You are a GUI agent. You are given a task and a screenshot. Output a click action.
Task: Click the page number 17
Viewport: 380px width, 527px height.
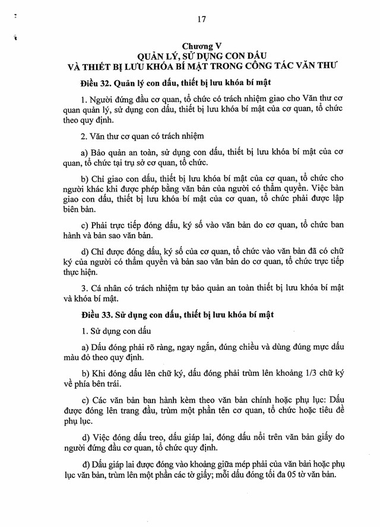pos(201,19)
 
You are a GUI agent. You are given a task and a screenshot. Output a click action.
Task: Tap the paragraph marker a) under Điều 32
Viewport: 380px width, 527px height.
pos(84,152)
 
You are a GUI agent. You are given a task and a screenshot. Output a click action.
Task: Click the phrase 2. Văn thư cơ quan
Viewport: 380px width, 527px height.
pos(115,135)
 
